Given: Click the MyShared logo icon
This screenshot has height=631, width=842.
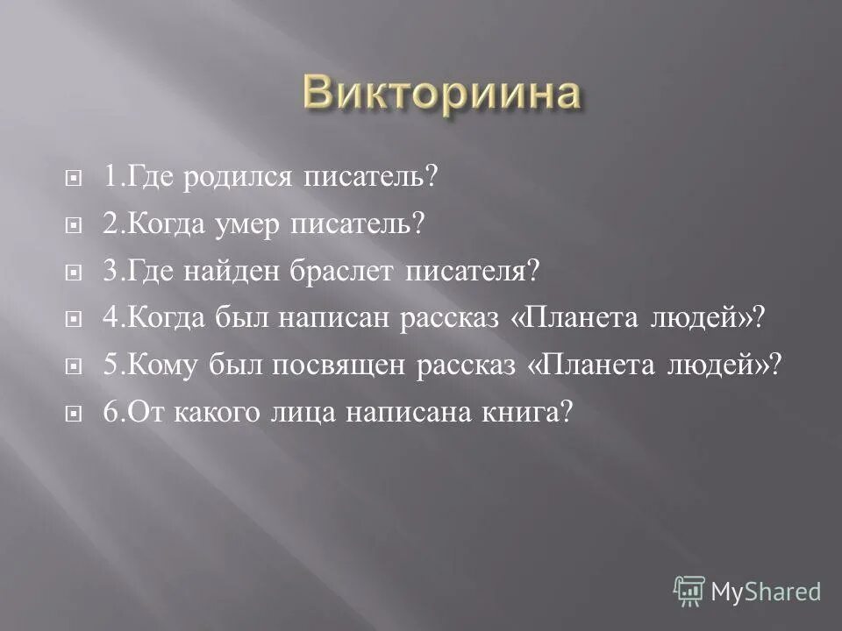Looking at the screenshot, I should coord(689,591).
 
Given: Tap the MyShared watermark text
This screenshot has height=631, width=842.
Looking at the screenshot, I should coord(765,592).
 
